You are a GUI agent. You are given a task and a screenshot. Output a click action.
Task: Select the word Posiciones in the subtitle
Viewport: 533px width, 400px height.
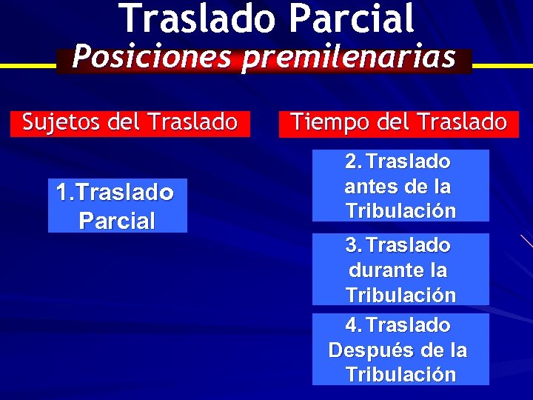(x=152, y=56)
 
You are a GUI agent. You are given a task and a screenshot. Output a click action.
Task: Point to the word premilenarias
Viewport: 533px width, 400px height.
(x=348, y=58)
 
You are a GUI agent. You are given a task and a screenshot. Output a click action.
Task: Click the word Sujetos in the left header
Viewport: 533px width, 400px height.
(x=62, y=122)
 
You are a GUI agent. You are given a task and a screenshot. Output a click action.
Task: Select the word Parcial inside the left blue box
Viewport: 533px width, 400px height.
(x=117, y=221)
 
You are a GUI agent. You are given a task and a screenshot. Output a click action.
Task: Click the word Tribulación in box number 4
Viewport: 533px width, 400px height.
(x=400, y=374)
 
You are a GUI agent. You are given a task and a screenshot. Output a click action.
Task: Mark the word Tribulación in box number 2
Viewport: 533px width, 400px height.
(x=400, y=210)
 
